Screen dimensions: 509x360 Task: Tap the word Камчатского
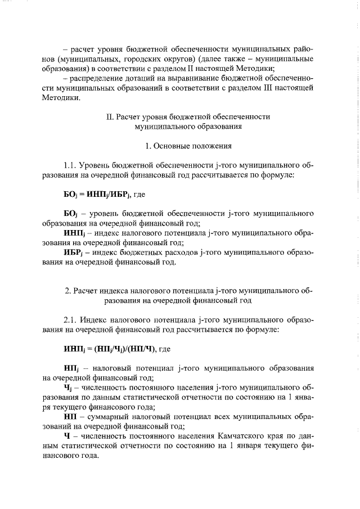point(241,436)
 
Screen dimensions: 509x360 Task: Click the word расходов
point(182,253)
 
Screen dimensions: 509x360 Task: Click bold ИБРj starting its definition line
point(73,253)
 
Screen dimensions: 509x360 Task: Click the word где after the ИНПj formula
point(164,349)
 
